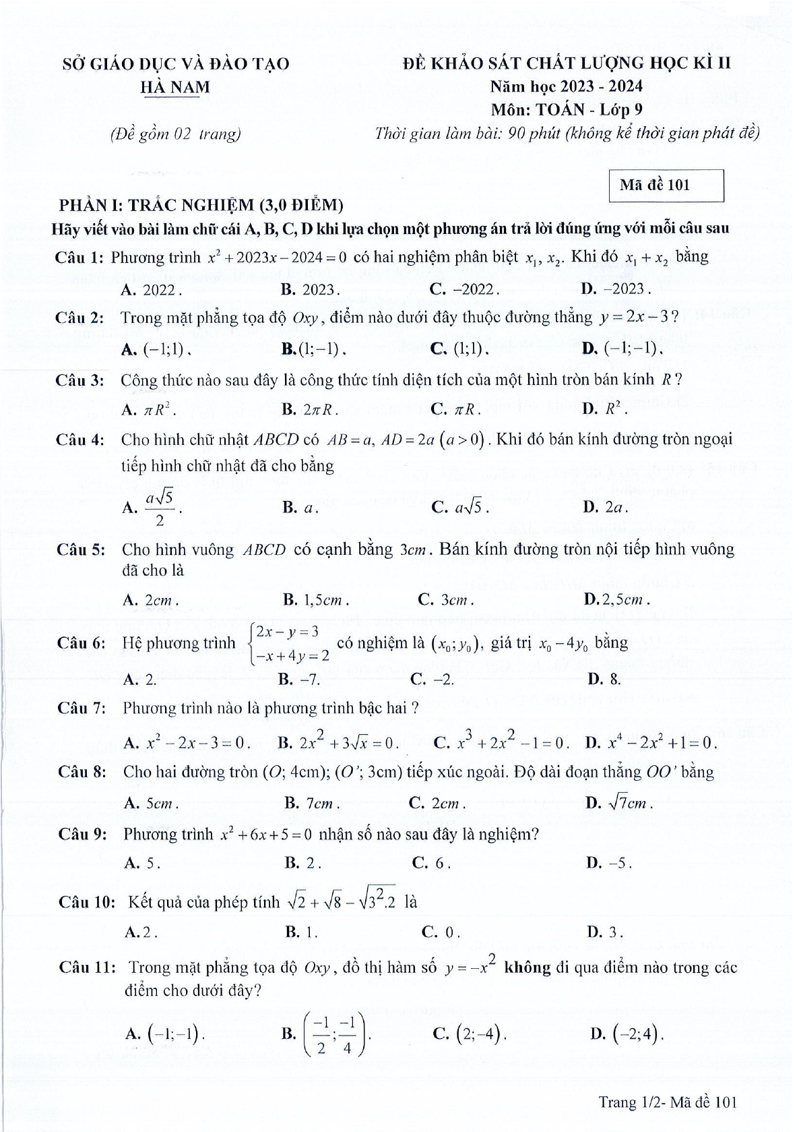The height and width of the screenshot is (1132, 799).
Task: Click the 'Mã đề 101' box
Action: [665, 185]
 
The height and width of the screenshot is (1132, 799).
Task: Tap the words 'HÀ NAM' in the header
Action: [174, 87]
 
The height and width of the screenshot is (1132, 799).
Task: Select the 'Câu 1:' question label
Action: [80, 258]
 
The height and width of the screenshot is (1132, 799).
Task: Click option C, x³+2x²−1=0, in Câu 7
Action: [502, 742]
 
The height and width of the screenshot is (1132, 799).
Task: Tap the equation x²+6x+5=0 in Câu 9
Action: [266, 834]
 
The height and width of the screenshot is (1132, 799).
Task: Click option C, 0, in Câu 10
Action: [441, 933]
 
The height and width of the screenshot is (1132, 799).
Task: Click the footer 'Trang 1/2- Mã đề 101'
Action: [668, 1102]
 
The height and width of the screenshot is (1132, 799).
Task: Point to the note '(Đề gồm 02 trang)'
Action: [175, 134]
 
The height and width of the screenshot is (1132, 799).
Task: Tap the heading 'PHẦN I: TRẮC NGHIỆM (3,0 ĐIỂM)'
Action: [201, 204]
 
